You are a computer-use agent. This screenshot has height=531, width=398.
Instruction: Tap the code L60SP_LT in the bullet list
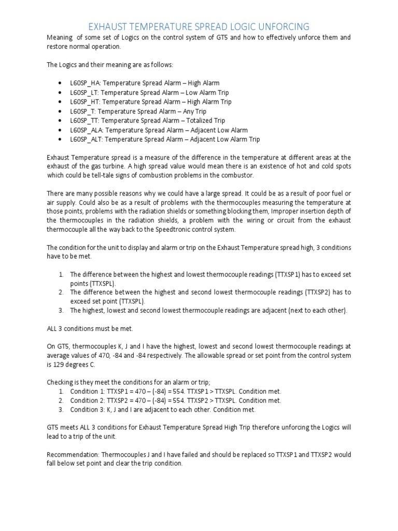point(84,92)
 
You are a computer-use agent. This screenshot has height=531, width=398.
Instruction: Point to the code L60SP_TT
point(84,121)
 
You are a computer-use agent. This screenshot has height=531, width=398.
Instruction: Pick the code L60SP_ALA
point(87,130)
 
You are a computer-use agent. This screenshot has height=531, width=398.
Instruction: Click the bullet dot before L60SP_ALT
point(61,139)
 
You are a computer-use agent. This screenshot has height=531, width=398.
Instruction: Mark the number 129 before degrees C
point(60,365)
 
